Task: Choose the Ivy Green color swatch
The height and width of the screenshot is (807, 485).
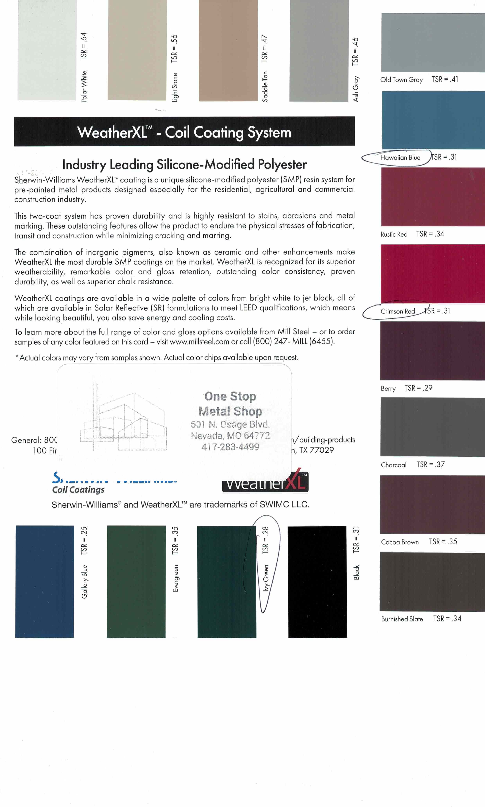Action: point(226,581)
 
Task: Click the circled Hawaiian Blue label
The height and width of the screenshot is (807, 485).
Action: point(400,158)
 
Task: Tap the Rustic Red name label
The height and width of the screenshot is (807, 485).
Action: point(394,234)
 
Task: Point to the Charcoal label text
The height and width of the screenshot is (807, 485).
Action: point(393,465)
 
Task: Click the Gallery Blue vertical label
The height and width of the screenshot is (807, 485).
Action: point(84,581)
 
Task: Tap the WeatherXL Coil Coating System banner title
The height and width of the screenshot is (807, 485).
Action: point(184,133)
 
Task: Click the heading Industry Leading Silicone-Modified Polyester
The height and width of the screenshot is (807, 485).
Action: point(184,164)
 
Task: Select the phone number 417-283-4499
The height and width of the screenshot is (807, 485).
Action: point(230,447)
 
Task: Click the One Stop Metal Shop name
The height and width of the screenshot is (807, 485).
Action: point(230,404)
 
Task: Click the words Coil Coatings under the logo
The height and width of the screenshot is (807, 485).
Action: point(78,490)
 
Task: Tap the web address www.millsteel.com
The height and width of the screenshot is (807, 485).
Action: point(199,342)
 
